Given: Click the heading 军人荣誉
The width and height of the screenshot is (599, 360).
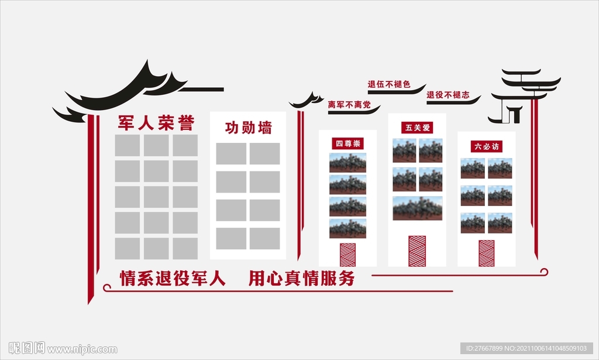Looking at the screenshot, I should (156, 123).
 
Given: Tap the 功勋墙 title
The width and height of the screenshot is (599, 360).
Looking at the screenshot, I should (248, 128).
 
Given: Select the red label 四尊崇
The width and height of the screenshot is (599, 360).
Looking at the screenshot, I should (347, 143).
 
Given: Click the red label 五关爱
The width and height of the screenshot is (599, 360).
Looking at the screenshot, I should (417, 127).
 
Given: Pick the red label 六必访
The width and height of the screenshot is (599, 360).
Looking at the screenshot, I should (486, 146).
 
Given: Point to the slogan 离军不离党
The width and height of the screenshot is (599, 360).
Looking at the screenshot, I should (349, 105).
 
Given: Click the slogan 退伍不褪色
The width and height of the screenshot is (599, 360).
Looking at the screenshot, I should (388, 85).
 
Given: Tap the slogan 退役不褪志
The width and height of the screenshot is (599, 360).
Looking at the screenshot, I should (447, 95).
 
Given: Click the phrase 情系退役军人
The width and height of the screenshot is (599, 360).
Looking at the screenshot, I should (173, 278).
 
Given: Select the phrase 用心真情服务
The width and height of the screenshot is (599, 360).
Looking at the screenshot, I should (301, 278).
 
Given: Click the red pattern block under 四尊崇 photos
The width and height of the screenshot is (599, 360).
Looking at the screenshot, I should (347, 255).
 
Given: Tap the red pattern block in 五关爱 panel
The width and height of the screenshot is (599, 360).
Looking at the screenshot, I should (417, 251).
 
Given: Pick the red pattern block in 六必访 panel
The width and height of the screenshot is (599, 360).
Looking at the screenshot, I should (486, 253).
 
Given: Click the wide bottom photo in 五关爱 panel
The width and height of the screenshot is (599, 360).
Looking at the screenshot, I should (417, 208).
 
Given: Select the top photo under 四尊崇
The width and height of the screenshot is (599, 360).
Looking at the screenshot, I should (347, 162).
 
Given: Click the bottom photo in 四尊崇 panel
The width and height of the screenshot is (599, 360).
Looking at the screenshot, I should (347, 228).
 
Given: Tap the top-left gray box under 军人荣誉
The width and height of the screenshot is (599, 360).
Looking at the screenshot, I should (127, 145).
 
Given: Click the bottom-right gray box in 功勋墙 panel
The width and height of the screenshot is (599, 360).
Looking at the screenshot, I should (264, 238).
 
